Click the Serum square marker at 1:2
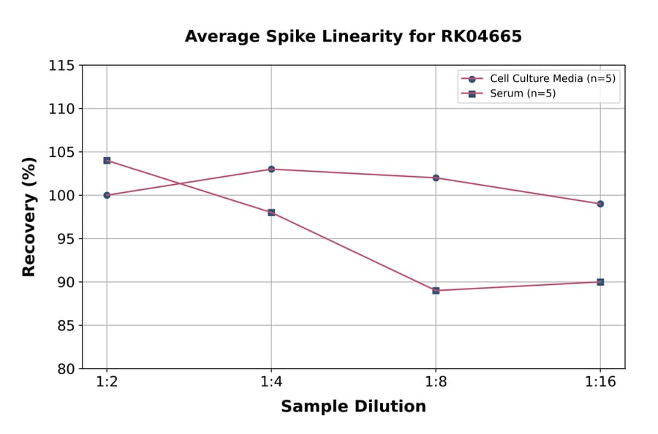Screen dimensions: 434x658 click(x=107, y=160)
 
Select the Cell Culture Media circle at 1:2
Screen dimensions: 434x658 click(x=107, y=195)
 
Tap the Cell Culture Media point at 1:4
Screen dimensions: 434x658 click(x=271, y=169)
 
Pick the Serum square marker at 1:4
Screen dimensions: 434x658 click(x=271, y=213)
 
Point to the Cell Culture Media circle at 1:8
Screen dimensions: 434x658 click(x=436, y=178)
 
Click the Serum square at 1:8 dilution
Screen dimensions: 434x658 click(x=436, y=291)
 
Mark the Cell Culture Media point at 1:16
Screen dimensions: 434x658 click(x=600, y=204)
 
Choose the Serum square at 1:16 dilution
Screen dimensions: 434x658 click(x=600, y=282)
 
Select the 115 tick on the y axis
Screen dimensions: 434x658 click(x=61, y=66)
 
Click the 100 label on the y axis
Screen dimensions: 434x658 click(x=61, y=196)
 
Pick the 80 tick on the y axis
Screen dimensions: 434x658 click(x=65, y=369)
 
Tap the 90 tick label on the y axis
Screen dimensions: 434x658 click(x=65, y=282)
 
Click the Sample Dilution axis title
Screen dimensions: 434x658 click(x=353, y=407)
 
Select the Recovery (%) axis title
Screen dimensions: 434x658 click(x=29, y=217)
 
